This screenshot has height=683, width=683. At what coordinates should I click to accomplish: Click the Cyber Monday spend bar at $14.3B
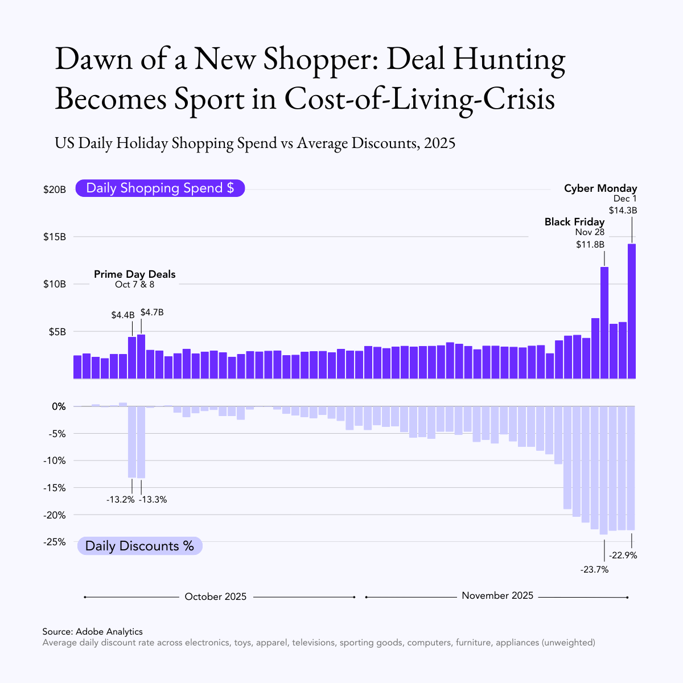click(x=631, y=311)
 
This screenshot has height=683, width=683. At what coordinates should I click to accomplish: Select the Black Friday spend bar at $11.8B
click(x=604, y=322)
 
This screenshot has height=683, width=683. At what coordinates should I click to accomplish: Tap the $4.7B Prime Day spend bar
click(x=141, y=356)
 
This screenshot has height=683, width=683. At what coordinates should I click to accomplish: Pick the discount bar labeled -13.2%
click(x=132, y=442)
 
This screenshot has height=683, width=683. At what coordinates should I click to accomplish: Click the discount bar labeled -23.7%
click(x=603, y=470)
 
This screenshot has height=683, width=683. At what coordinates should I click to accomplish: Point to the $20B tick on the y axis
click(x=55, y=190)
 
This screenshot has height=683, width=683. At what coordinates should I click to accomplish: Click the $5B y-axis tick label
click(x=55, y=332)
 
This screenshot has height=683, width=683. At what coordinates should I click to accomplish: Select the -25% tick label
click(x=55, y=542)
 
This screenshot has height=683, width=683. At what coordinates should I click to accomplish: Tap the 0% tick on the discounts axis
click(x=59, y=406)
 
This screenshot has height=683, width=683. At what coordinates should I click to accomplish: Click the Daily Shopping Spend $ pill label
click(x=160, y=188)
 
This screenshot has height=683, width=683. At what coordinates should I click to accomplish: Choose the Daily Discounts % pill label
click(x=139, y=546)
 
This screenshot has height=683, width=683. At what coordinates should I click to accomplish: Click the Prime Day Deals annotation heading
click(x=135, y=274)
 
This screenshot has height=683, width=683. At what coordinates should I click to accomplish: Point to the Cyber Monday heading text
click(x=600, y=188)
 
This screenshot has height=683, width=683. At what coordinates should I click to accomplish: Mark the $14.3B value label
click(x=623, y=210)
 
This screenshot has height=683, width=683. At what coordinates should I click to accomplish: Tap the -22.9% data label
click(x=623, y=556)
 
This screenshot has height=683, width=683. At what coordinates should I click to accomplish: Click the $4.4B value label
click(x=123, y=315)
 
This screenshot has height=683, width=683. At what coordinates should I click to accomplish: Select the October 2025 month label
click(x=216, y=596)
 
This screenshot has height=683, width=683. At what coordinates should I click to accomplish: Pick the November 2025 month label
click(x=497, y=596)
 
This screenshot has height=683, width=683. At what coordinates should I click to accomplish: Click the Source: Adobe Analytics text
click(x=92, y=632)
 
